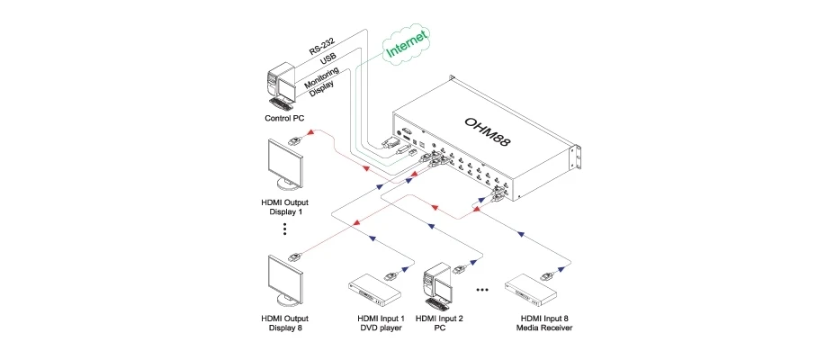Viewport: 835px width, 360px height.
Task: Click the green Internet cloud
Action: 408,43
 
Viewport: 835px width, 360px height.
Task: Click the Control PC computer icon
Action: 282,83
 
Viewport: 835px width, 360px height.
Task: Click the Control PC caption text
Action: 284,118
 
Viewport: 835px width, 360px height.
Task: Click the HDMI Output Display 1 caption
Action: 284,206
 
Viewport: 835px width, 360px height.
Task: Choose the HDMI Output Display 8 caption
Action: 284,323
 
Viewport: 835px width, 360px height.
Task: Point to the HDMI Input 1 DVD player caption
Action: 381,323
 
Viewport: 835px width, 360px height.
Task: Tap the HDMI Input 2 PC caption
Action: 440,323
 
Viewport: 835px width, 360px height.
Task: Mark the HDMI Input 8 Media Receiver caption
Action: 544,323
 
